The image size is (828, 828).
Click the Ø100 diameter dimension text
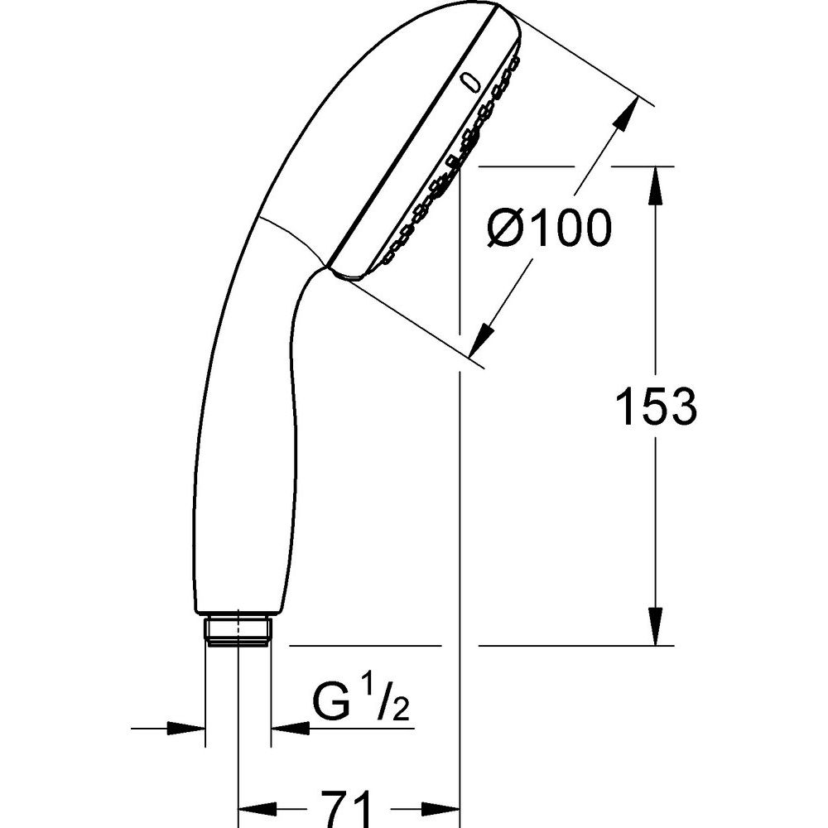coord(549,228)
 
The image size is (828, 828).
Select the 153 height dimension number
coord(657,406)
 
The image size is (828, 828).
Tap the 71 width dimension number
coord(346,808)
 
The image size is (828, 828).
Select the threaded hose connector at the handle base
coord(238,629)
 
